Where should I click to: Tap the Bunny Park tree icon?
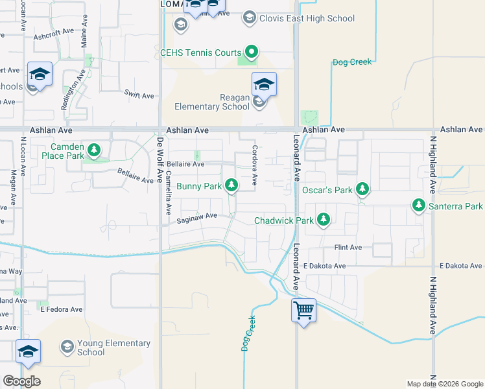pyautogui.click(x=231, y=186)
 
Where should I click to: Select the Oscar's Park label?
pyautogui.click(x=327, y=191)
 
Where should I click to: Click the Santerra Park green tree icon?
pyautogui.click(x=419, y=206)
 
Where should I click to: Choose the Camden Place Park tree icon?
pyautogui.click(x=95, y=151)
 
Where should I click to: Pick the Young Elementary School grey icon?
pyautogui.click(x=67, y=347)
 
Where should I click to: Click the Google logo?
pyautogui.click(x=21, y=381)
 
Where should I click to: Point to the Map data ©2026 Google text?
pyautogui.click(x=444, y=384)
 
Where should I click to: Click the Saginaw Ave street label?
pyautogui.click(x=196, y=220)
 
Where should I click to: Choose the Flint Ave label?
pyautogui.click(x=348, y=248)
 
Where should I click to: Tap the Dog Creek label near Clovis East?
pyautogui.click(x=351, y=62)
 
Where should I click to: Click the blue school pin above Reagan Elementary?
pyautogui.click(x=264, y=84)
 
